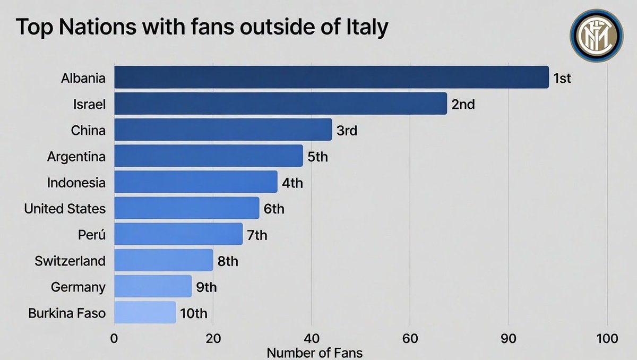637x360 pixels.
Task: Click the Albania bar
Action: pyautogui.click(x=331, y=78)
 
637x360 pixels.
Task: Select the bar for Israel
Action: pyautogui.click(x=280, y=104)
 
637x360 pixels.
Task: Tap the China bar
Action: pyautogui.click(x=223, y=130)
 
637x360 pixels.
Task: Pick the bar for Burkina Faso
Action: pyautogui.click(x=145, y=313)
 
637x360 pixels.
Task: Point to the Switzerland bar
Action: pyautogui.click(x=163, y=261)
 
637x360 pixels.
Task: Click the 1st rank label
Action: pyautogui.click(x=562, y=79)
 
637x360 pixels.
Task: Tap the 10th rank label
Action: pyautogui.click(x=193, y=313)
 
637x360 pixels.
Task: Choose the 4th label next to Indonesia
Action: pyautogui.click(x=292, y=183)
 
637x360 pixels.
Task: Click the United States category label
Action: pyautogui.click(x=65, y=209)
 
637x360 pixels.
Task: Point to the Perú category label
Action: pyautogui.click(x=91, y=235)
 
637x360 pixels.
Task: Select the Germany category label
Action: pyautogui.click(x=78, y=287)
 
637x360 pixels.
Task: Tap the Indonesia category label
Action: pyautogui.click(x=76, y=183)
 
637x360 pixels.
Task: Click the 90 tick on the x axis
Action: pyautogui.click(x=509, y=339)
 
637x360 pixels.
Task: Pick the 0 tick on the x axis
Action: pyautogui.click(x=114, y=339)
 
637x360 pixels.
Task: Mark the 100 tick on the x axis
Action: pyautogui.click(x=607, y=339)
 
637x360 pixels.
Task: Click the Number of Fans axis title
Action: pyautogui.click(x=315, y=352)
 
